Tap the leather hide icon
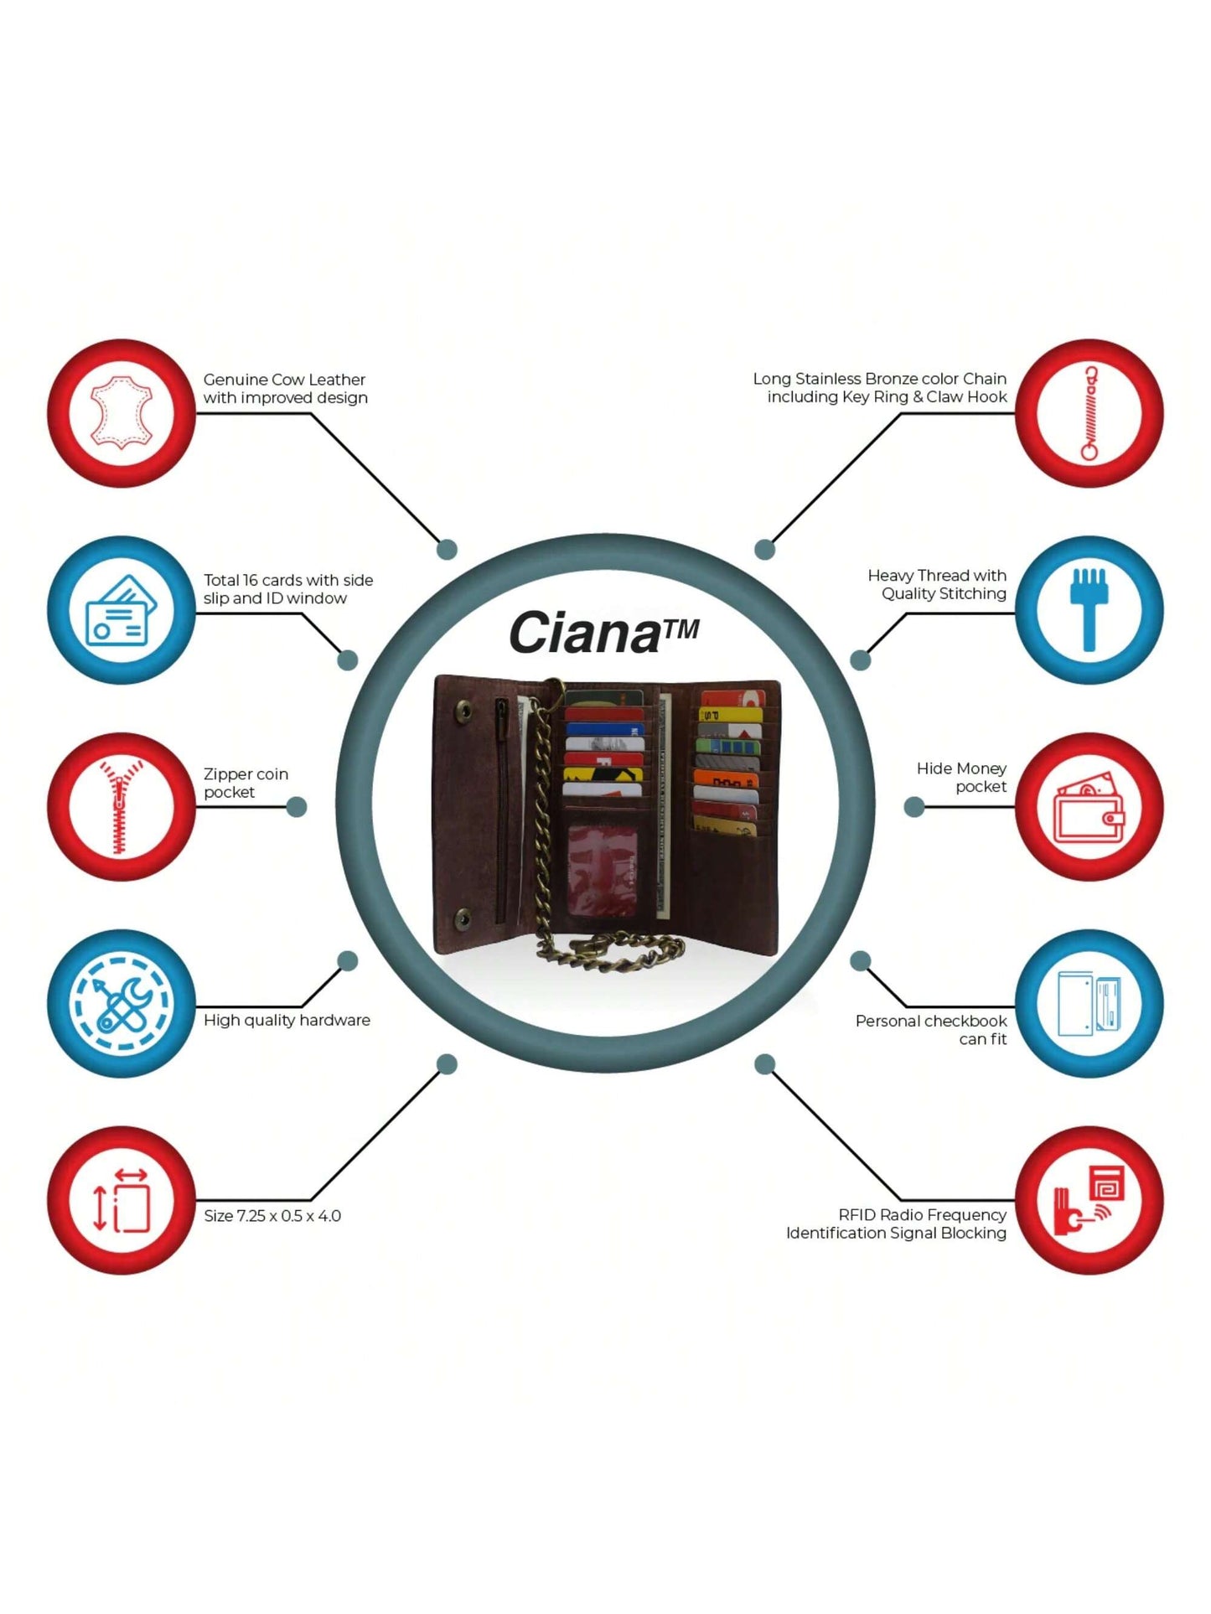[x=122, y=413]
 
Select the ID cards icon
[x=122, y=610]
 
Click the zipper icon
[x=121, y=807]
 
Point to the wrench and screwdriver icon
[x=122, y=1003]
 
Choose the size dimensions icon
[x=122, y=1200]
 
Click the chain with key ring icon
[x=1089, y=413]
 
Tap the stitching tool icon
[x=1089, y=610]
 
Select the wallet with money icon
[x=1089, y=807]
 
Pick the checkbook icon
[x=1089, y=1003]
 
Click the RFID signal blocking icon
[x=1089, y=1200]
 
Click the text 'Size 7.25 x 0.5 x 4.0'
[x=272, y=1216]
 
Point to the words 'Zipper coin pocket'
[x=246, y=783]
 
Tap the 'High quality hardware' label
[x=287, y=1020]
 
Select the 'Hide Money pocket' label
[x=962, y=778]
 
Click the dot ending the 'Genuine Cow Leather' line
[x=448, y=550]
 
